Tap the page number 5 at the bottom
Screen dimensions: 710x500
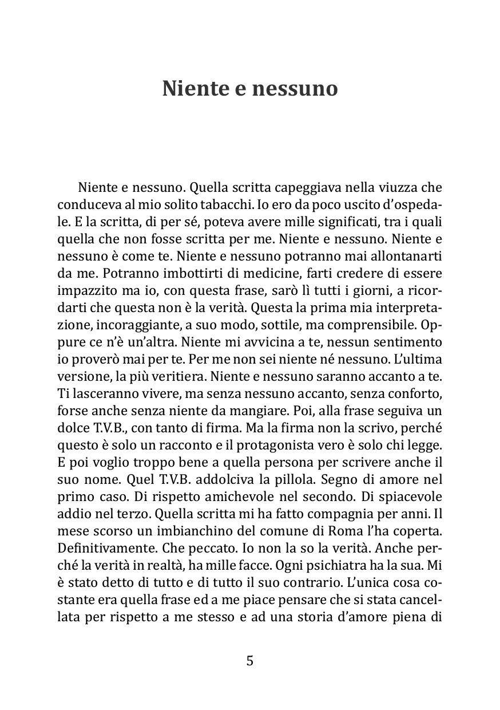click(249, 660)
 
